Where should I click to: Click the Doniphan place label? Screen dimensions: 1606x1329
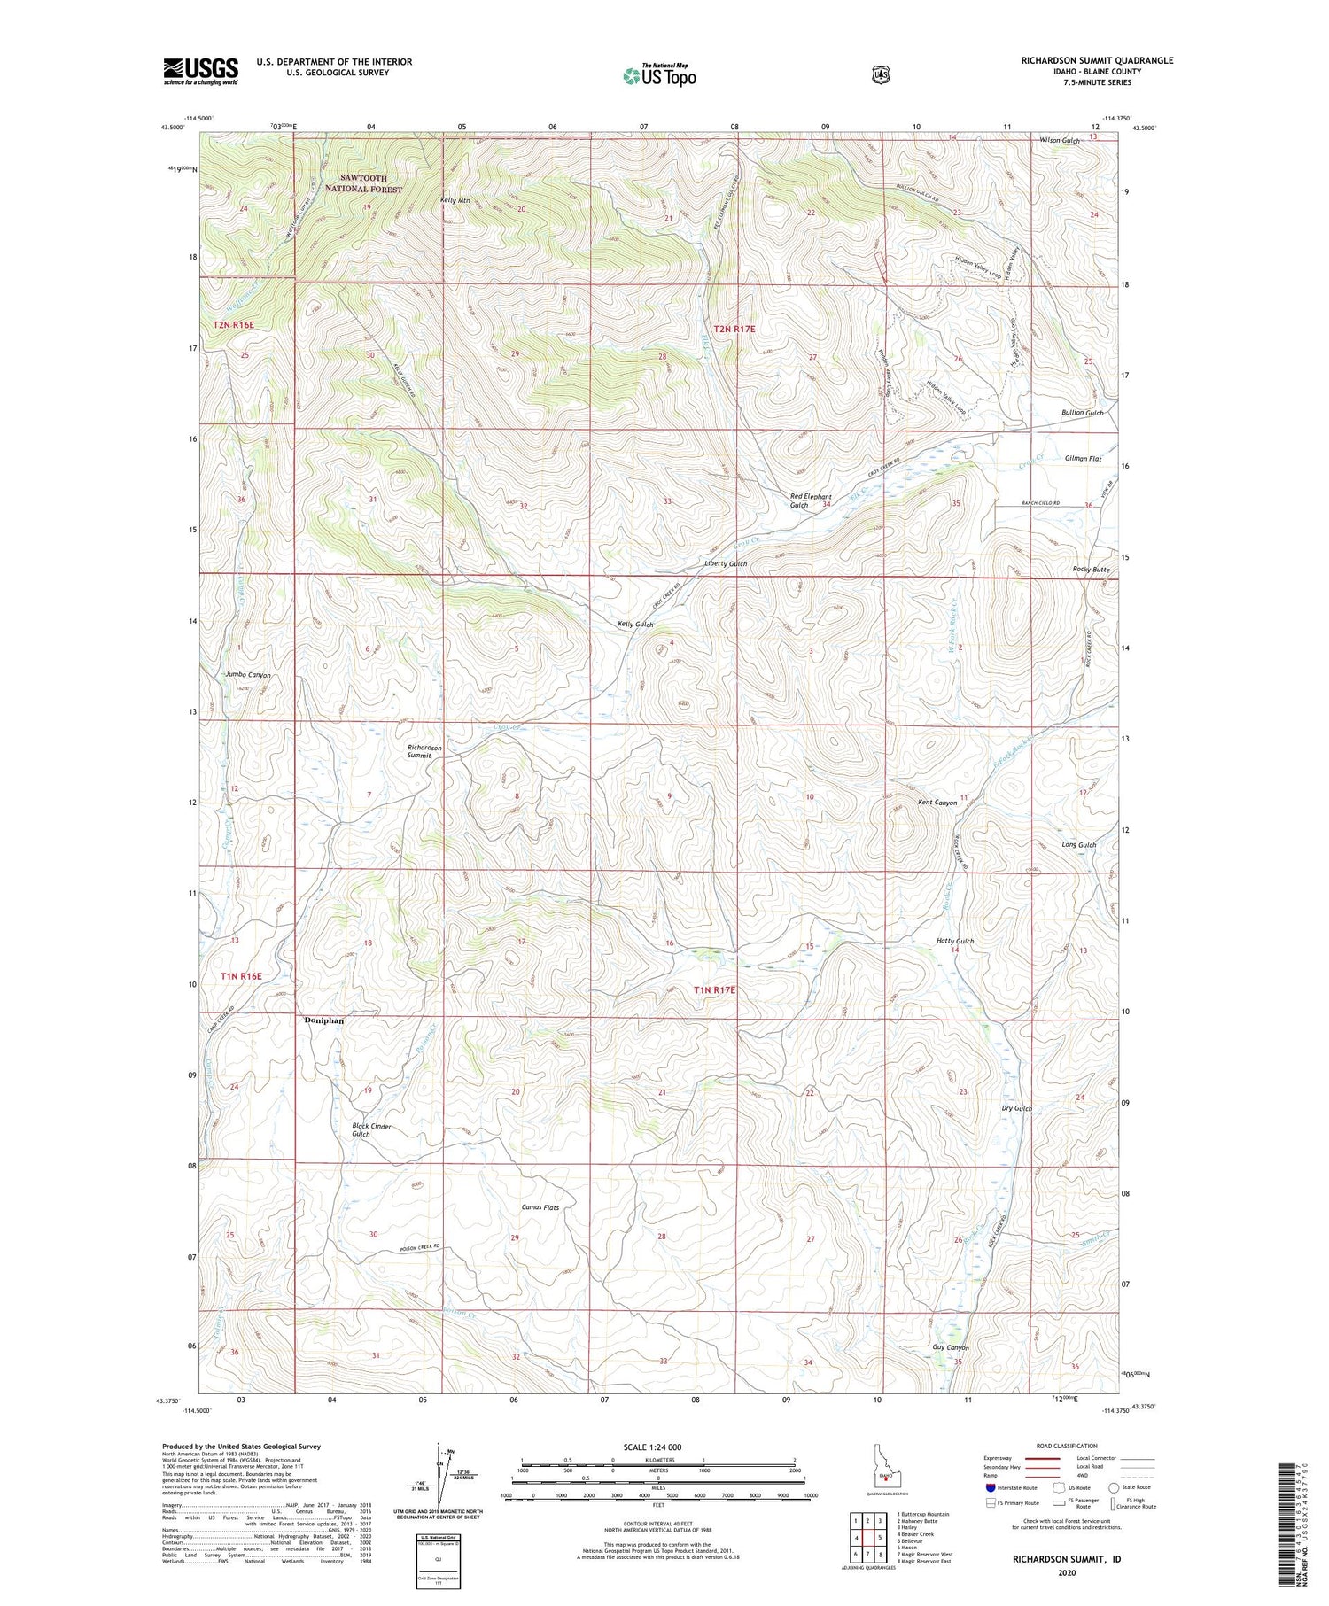pos(323,1020)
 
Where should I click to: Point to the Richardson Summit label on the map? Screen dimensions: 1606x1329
pos(424,751)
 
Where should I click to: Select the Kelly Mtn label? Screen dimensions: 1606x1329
pos(455,201)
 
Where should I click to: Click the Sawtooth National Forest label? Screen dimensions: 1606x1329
pos(362,183)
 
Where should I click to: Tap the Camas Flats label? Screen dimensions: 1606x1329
pos(540,1207)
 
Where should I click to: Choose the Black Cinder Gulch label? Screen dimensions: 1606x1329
pos(371,1130)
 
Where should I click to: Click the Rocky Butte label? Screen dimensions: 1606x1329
pos(1091,570)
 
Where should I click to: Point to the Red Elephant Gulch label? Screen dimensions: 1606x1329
pos(811,500)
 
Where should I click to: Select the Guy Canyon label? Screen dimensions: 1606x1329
pos(951,1347)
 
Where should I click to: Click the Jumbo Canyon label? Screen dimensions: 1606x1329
pos(248,675)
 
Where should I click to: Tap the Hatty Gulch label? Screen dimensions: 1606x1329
pos(955,941)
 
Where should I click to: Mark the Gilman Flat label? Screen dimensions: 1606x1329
pos(1083,459)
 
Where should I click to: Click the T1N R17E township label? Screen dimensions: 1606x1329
pos(714,989)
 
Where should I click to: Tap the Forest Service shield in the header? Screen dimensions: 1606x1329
pos(880,74)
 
